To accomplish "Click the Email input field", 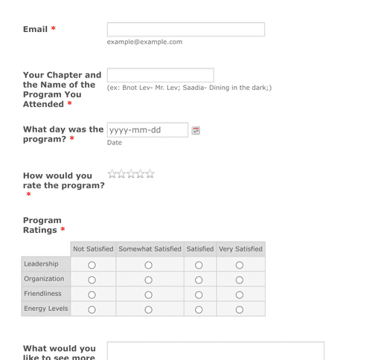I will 185,30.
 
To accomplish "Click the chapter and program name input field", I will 160,75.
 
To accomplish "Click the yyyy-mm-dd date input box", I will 147,130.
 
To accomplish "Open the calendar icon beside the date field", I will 196,130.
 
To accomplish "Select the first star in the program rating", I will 112,174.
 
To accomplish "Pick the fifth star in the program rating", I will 150,174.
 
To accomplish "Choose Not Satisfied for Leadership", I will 92,265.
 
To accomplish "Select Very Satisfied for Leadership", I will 240,265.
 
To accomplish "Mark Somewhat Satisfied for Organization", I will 149,280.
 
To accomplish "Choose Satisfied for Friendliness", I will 199,295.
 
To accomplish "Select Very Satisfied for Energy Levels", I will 240,309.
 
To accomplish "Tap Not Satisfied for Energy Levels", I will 92,309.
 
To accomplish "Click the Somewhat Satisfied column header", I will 150,249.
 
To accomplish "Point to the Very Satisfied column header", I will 240,249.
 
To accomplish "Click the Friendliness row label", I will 42,294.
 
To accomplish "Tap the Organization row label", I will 44,279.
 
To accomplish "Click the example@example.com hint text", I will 144,42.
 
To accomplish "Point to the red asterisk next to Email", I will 54,30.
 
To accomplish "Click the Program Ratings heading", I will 42,225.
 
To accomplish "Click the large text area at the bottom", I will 215,350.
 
